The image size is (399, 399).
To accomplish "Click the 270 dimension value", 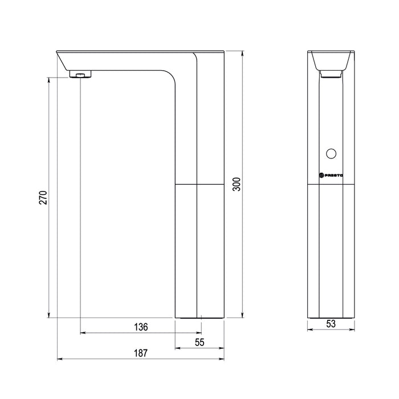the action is tap(43, 197).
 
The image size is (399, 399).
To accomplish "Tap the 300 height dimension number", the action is tap(237, 184).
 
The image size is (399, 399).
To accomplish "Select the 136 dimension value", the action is tap(141, 327).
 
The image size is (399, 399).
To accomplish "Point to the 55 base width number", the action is tap(199, 343).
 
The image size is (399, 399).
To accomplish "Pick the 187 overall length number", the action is tap(141, 353).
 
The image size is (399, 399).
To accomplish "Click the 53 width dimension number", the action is tap(331, 324).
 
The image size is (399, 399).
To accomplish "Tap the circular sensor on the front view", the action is tap(331, 153).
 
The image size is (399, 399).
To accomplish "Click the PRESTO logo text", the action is tap(331, 175).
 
